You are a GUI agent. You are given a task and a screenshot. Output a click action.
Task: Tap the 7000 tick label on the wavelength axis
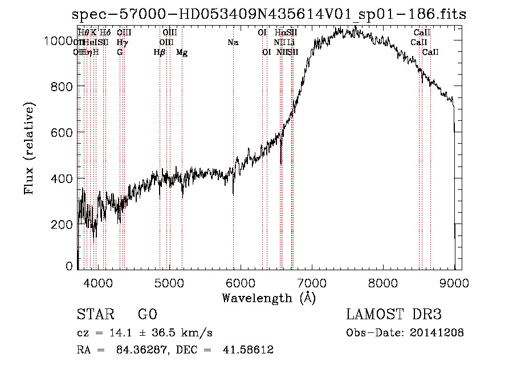[x=311, y=282]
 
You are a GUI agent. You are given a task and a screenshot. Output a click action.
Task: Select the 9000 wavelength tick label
[x=454, y=282]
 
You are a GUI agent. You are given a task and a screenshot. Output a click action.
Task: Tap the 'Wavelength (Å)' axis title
[x=268, y=298]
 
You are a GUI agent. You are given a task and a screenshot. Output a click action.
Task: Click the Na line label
[x=233, y=43]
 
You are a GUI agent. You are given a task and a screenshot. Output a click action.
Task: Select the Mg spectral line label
[x=182, y=52]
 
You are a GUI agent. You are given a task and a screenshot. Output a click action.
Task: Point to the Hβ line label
[x=160, y=52]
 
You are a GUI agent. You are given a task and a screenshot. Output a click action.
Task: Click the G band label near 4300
[x=120, y=52]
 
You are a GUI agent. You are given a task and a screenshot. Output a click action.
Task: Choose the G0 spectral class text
[x=147, y=315]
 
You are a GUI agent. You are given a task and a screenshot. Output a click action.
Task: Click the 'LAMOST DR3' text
[x=394, y=315]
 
